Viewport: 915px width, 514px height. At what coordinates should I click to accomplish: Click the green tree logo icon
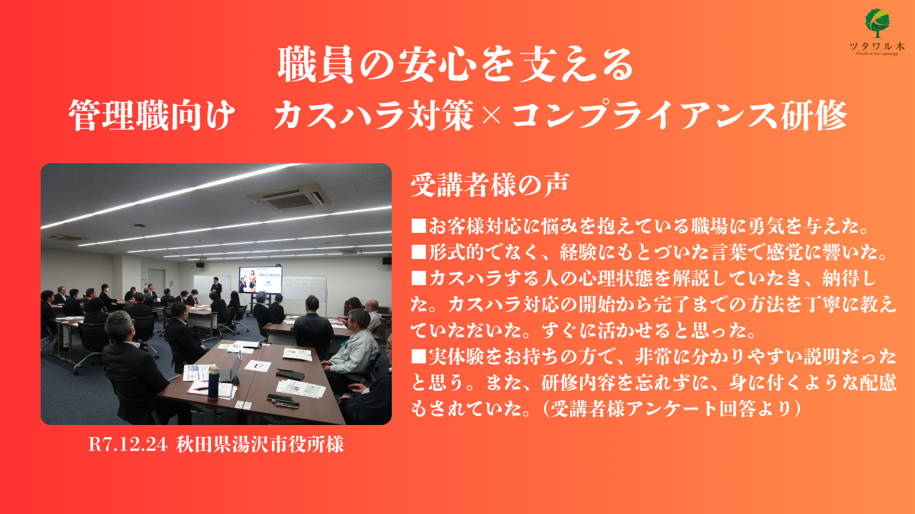877,23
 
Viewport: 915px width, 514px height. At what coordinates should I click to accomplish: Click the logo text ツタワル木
877,46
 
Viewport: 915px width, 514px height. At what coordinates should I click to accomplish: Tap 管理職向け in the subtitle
152,115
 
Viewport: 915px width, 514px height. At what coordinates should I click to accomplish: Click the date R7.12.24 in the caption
128,444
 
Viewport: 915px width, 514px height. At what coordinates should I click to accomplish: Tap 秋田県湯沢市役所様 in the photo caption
260,444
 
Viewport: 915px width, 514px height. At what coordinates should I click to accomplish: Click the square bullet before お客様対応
418,226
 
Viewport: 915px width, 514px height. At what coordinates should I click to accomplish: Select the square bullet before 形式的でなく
418,252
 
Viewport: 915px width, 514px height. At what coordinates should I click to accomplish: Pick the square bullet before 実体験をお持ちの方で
418,357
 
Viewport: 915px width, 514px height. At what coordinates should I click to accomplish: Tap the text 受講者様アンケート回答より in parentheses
671,409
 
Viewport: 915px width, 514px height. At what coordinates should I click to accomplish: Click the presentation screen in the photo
260,280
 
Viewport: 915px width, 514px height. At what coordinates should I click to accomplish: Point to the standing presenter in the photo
216,288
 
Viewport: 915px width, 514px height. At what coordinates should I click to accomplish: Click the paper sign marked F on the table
257,365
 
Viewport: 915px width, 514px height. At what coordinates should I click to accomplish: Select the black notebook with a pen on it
290,373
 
